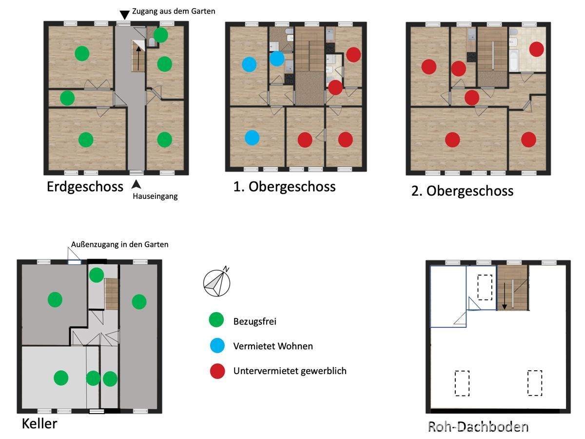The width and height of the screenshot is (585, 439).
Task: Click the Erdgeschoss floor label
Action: (x=85, y=187)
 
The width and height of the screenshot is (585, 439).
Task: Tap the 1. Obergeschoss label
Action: (x=284, y=187)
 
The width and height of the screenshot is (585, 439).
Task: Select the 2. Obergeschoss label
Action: (x=462, y=191)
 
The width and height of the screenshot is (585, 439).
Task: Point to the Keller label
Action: (x=39, y=423)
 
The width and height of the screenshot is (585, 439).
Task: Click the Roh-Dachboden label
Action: (x=478, y=427)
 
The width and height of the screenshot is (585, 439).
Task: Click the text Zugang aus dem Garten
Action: (x=174, y=11)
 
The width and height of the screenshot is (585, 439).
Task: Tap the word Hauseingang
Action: (x=155, y=196)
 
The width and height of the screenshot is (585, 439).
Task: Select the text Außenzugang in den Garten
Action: (x=119, y=244)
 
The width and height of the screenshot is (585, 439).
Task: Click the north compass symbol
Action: (x=216, y=281)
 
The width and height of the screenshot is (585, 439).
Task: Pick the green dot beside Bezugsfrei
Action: (x=216, y=319)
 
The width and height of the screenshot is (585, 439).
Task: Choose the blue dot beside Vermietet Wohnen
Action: (x=217, y=345)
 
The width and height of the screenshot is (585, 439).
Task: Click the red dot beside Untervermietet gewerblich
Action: (x=217, y=371)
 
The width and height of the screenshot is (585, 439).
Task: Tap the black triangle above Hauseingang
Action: (x=136, y=184)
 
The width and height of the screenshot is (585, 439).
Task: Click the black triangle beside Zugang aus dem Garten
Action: (x=124, y=15)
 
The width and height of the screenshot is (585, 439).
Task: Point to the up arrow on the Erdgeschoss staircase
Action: (x=138, y=59)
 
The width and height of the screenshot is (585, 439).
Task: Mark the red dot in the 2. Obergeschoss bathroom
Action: (x=537, y=49)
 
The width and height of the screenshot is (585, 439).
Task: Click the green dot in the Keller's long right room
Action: (x=139, y=302)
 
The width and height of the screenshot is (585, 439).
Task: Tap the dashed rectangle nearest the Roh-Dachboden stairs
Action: (x=485, y=288)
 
